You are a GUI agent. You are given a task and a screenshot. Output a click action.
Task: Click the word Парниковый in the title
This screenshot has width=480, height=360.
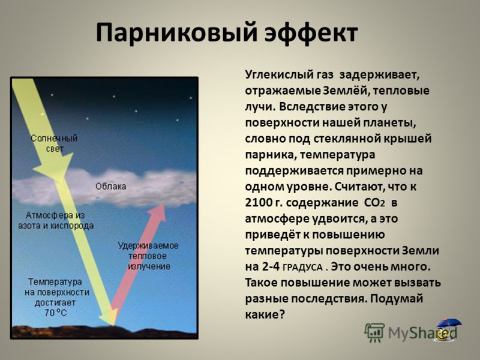click(x=176, y=34)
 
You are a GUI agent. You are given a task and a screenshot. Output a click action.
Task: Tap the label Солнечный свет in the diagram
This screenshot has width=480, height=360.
click(x=54, y=143)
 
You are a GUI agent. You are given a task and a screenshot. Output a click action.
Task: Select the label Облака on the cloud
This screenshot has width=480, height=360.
click(x=111, y=187)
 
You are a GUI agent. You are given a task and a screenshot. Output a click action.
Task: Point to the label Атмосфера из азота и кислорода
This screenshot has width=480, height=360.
click(x=56, y=220)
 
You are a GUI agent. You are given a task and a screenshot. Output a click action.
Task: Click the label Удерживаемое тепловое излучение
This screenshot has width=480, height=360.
click(x=148, y=256)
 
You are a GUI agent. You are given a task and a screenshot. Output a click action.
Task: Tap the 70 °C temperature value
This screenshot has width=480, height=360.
click(x=55, y=313)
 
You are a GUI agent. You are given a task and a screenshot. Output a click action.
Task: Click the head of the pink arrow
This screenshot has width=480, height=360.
click(x=157, y=212)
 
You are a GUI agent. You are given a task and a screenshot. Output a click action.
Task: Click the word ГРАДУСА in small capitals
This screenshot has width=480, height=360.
click(x=302, y=268)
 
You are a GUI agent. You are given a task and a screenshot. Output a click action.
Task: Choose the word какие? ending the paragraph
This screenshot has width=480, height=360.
click(x=265, y=314)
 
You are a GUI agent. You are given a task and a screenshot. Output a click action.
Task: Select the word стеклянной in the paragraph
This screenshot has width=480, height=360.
click(x=346, y=139)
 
